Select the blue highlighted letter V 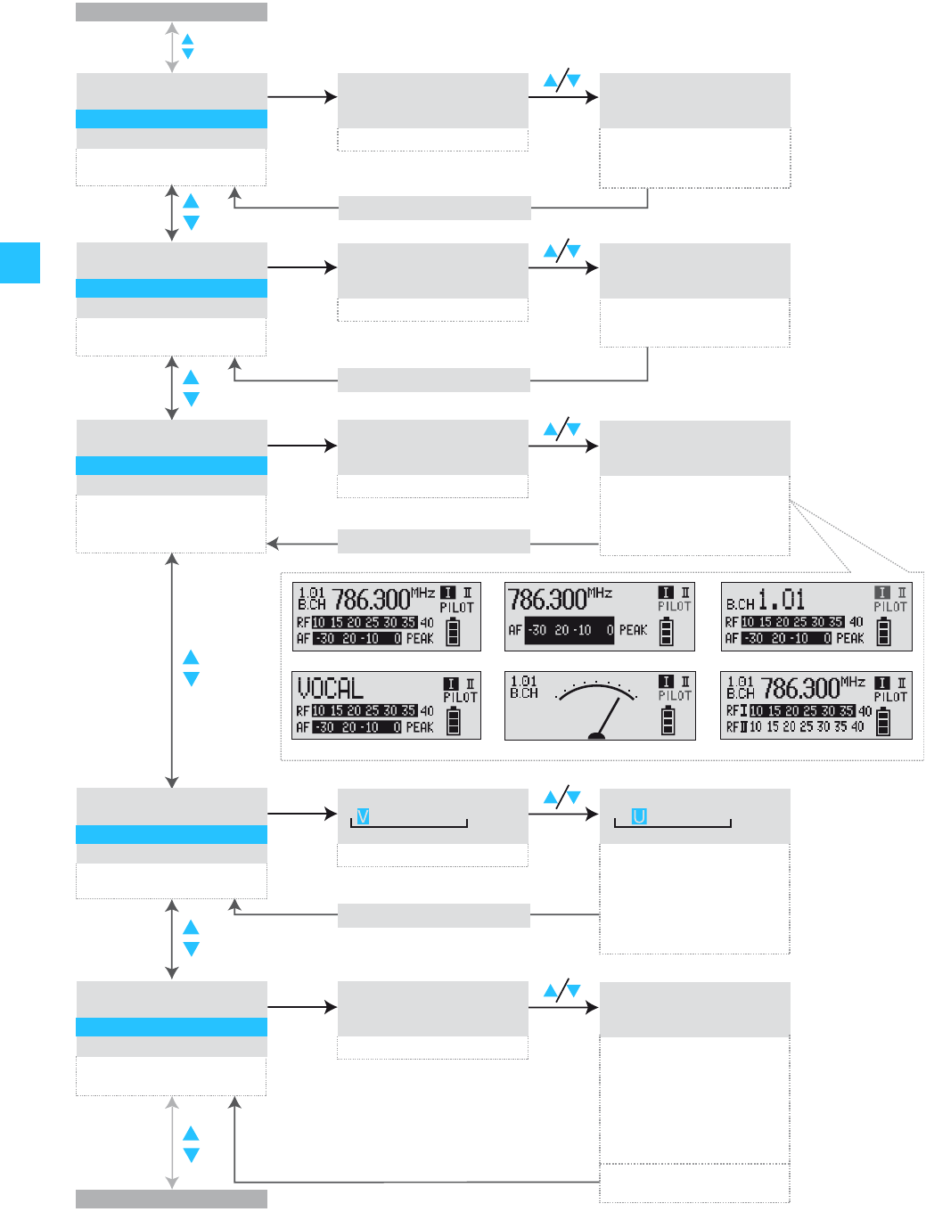coord(363,816)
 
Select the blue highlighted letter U coord(639,816)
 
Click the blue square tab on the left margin coord(20,262)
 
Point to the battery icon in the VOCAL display coord(454,720)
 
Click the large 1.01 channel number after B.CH coord(782,599)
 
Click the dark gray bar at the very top coord(171,12)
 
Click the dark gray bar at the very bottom coord(171,1199)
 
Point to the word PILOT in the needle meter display coord(675,696)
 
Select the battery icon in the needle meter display coord(668,720)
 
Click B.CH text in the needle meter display coord(524,692)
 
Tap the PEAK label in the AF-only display coord(633,630)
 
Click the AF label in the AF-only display coord(515,630)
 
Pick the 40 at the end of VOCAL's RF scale coord(427,711)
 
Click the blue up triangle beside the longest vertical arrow coord(191,658)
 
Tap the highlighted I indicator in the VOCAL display coord(452,684)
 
